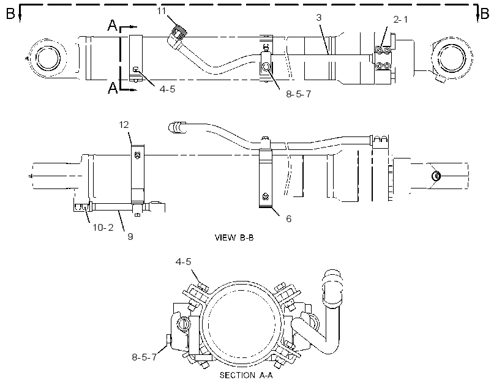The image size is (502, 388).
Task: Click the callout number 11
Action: [162, 11]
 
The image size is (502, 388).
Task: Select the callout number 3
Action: [318, 17]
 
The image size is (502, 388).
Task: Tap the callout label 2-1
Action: [400, 20]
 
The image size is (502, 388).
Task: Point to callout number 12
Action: [124, 124]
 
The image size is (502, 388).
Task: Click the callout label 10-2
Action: [103, 227]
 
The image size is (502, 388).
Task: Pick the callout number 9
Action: [130, 236]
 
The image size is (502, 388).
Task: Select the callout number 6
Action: [289, 218]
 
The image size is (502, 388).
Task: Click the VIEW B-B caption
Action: [234, 237]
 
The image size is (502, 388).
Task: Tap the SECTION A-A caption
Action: [246, 375]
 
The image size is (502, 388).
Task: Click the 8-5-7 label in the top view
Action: [298, 94]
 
